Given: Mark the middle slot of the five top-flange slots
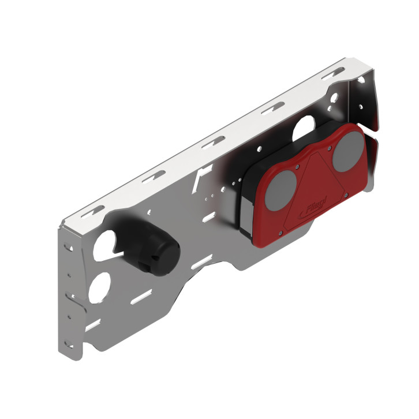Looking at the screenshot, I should click(213, 141).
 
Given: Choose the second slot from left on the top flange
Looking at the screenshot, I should click(154, 175).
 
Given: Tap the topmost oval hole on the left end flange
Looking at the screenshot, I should click(69, 246).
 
